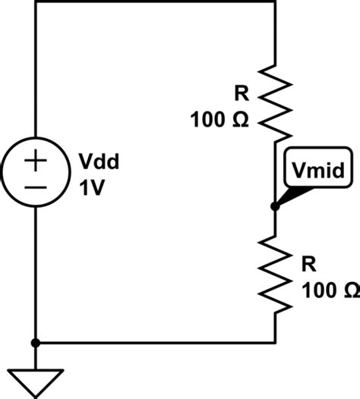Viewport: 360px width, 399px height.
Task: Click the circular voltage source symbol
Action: [x=36, y=172]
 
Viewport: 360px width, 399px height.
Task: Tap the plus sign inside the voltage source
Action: [x=36, y=160]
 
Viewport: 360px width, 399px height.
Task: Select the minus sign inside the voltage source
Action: [x=36, y=186]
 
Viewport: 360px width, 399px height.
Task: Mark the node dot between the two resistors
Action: [x=274, y=206]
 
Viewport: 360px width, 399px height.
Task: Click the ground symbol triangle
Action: [x=36, y=382]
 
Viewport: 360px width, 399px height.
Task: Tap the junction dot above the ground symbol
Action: [x=36, y=342]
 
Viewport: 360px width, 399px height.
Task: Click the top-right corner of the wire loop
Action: [x=274, y=2]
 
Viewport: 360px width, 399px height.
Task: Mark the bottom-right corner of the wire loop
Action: [x=274, y=342]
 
